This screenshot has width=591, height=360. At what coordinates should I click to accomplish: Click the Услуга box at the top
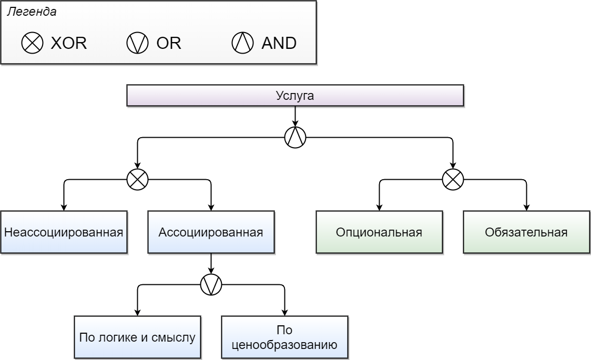coord(295,96)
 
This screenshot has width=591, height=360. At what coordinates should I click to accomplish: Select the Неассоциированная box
coord(64,232)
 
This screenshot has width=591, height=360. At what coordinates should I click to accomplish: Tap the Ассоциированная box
coord(211,232)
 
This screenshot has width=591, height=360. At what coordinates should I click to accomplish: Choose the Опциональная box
coord(379,232)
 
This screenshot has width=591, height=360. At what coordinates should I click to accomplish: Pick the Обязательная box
coord(526,232)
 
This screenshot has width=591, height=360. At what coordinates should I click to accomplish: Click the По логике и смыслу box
coord(137,337)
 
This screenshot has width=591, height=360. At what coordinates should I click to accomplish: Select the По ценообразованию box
coord(284,337)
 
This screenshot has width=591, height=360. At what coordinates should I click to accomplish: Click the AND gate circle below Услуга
coord(295,138)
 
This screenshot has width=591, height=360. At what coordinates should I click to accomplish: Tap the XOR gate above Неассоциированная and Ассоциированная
coord(137,180)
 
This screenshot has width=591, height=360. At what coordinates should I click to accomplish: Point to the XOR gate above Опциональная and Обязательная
coord(453,180)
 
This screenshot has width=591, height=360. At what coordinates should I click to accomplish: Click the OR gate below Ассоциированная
coord(211,285)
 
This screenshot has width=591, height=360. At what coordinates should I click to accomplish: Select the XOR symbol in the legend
coord(32,43)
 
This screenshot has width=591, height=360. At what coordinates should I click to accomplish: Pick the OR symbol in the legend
coord(137,43)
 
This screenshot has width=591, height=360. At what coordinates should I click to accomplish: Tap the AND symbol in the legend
coord(242,43)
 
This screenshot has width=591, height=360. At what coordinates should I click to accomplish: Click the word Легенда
coord(32,12)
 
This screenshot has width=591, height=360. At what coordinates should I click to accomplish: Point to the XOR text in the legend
coord(68,43)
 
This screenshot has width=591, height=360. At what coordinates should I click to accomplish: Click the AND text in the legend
coord(279,43)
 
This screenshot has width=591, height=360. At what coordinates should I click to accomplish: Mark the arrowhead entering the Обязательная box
coord(526,208)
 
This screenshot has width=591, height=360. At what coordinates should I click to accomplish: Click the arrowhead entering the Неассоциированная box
coord(64,208)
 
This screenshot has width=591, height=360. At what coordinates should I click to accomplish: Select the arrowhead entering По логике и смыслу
coord(137,313)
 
